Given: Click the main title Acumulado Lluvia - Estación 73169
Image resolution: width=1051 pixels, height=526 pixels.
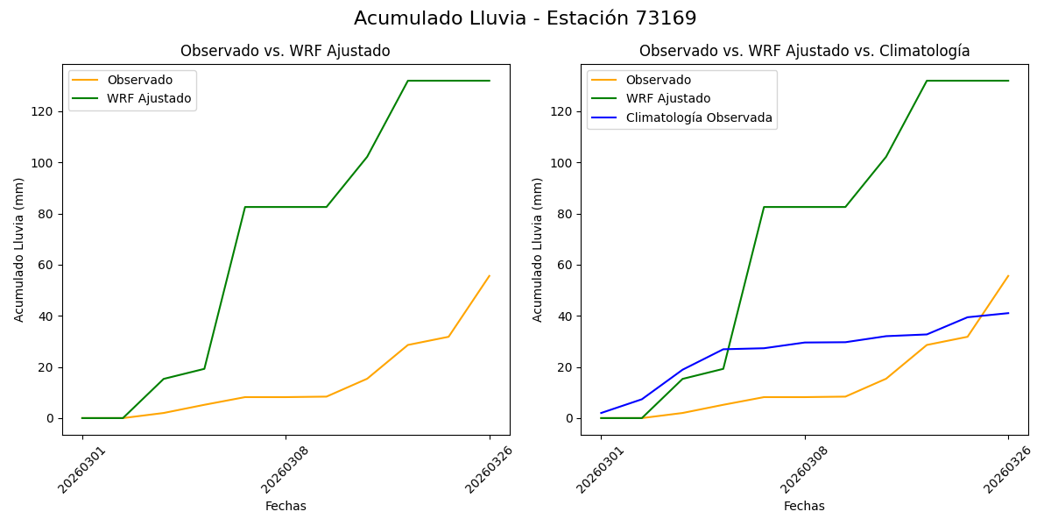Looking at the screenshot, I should pyautogui.click(x=525, y=18).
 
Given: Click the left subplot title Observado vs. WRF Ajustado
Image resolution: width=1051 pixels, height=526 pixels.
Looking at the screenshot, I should pyautogui.click(x=286, y=51).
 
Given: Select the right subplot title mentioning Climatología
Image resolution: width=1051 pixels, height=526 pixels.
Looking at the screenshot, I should pyautogui.click(x=804, y=51).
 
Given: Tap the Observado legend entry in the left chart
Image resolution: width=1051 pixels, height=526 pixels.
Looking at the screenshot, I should pyautogui.click(x=139, y=81).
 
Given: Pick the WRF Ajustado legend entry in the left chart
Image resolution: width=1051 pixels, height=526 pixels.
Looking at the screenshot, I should pyautogui.click(x=149, y=98).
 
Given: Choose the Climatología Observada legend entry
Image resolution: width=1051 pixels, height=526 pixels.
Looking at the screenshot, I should pyautogui.click(x=699, y=117).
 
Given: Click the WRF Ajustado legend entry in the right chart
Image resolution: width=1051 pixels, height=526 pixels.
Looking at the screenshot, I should pyautogui.click(x=667, y=99).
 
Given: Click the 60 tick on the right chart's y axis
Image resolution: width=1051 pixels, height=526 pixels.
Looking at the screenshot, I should pyautogui.click(x=565, y=265).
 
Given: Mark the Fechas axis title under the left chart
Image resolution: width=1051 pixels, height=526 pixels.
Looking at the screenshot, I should pyautogui.click(x=286, y=507).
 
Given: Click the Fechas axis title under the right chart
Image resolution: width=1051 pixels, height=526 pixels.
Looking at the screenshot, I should pyautogui.click(x=804, y=507).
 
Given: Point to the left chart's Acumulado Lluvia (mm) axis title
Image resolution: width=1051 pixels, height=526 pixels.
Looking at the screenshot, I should pyautogui.click(x=19, y=250).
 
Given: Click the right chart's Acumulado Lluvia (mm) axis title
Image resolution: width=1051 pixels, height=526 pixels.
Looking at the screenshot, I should pyautogui.click(x=538, y=250).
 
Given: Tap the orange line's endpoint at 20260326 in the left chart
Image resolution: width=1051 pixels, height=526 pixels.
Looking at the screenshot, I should pyautogui.click(x=490, y=276).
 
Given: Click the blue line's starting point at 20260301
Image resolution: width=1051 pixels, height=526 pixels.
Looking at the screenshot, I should pyautogui.click(x=601, y=413).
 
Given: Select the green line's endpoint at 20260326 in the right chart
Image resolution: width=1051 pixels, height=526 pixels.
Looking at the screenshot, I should pyautogui.click(x=1008, y=81).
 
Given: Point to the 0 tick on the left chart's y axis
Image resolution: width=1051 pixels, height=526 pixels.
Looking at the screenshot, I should pyautogui.click(x=50, y=418).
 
